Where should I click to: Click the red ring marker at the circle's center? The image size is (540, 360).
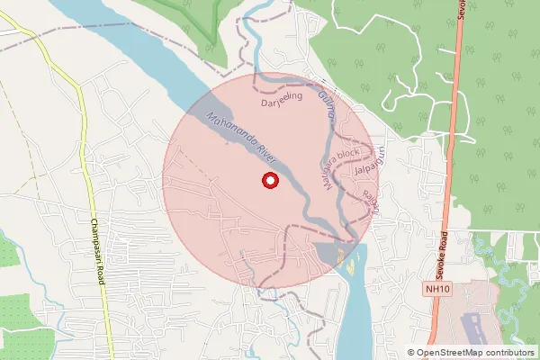[268, 181]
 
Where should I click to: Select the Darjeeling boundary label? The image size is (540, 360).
[279, 103]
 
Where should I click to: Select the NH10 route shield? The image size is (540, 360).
[437, 289]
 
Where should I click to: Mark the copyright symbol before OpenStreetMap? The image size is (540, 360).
[411, 352]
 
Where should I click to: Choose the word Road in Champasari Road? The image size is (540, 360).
[102, 274]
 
